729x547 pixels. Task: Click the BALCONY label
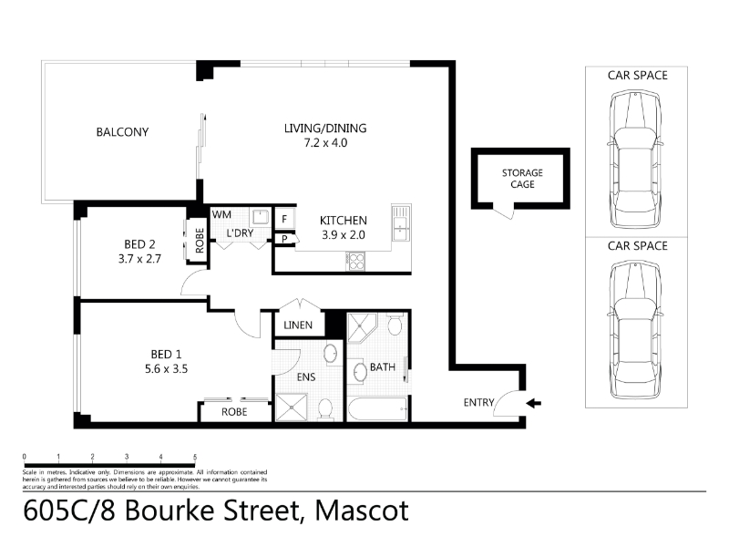click(x=122, y=132)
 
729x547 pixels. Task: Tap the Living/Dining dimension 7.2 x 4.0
click(x=325, y=143)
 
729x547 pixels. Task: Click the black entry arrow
click(x=534, y=403)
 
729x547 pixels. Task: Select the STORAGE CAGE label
click(x=522, y=179)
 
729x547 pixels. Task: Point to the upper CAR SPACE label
click(x=637, y=76)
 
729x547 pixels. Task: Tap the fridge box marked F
click(x=284, y=219)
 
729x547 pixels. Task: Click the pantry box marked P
click(x=284, y=239)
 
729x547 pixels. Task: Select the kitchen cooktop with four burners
click(x=355, y=261)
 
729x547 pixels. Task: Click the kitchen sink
click(x=401, y=222)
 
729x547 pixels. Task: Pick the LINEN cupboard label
click(x=298, y=325)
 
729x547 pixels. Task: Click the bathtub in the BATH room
click(x=377, y=408)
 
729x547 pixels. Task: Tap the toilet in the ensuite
click(x=325, y=408)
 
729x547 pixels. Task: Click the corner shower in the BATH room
click(x=362, y=327)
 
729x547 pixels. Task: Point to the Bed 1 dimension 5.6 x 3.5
click(x=167, y=369)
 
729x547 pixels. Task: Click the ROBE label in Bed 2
click(x=200, y=241)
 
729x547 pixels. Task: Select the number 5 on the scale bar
click(x=195, y=457)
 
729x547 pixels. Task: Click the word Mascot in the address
click(x=362, y=511)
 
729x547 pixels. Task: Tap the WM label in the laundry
click(x=221, y=215)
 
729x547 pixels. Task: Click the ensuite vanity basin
click(x=331, y=353)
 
